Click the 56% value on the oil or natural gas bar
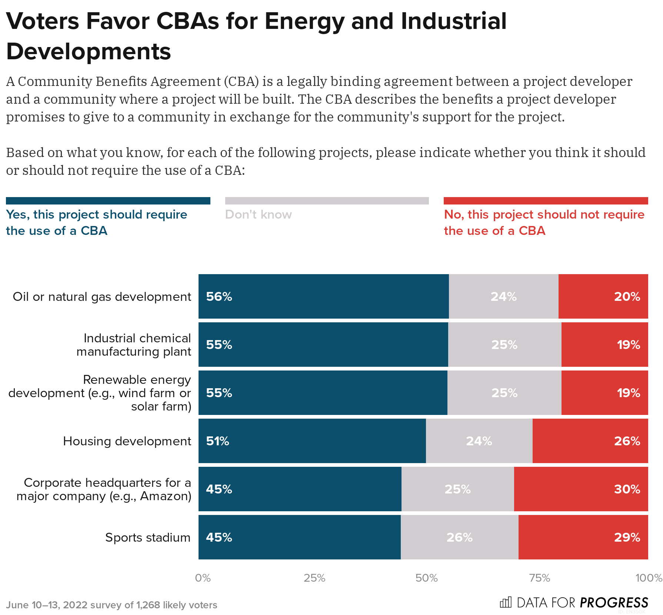click(x=219, y=296)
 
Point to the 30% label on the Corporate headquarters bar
click(x=627, y=489)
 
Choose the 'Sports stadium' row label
click(x=148, y=537)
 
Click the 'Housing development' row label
click(x=127, y=441)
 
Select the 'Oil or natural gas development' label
click(x=102, y=296)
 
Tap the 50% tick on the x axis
click(x=426, y=578)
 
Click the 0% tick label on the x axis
click(x=203, y=578)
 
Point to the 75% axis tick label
click(x=539, y=578)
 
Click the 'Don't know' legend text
click(x=258, y=215)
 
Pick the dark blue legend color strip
click(x=108, y=201)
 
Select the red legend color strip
click(x=546, y=201)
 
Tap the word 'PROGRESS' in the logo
click(x=614, y=602)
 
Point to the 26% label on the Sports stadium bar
click(x=459, y=537)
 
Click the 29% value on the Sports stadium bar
click(x=627, y=537)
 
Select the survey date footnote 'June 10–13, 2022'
click(x=47, y=605)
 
